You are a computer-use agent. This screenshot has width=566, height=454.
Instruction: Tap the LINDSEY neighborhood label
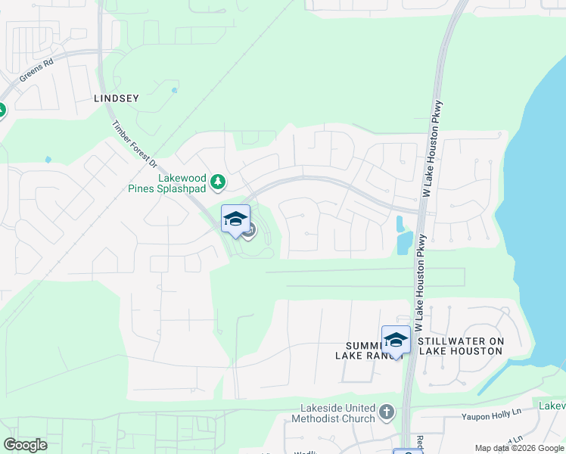117,98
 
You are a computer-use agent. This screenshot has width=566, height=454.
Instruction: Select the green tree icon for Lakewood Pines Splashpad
218,182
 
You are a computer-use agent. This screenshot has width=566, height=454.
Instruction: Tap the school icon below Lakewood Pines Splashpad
235,219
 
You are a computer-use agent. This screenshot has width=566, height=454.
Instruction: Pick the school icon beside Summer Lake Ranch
396,340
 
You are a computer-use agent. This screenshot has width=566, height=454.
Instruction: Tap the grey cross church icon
387,412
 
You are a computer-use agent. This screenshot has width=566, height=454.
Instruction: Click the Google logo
25,445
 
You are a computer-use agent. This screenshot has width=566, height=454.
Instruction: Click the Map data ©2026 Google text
518,448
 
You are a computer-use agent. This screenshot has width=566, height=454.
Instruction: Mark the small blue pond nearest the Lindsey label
175,91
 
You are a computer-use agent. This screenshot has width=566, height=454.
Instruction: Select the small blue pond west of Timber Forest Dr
48,160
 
